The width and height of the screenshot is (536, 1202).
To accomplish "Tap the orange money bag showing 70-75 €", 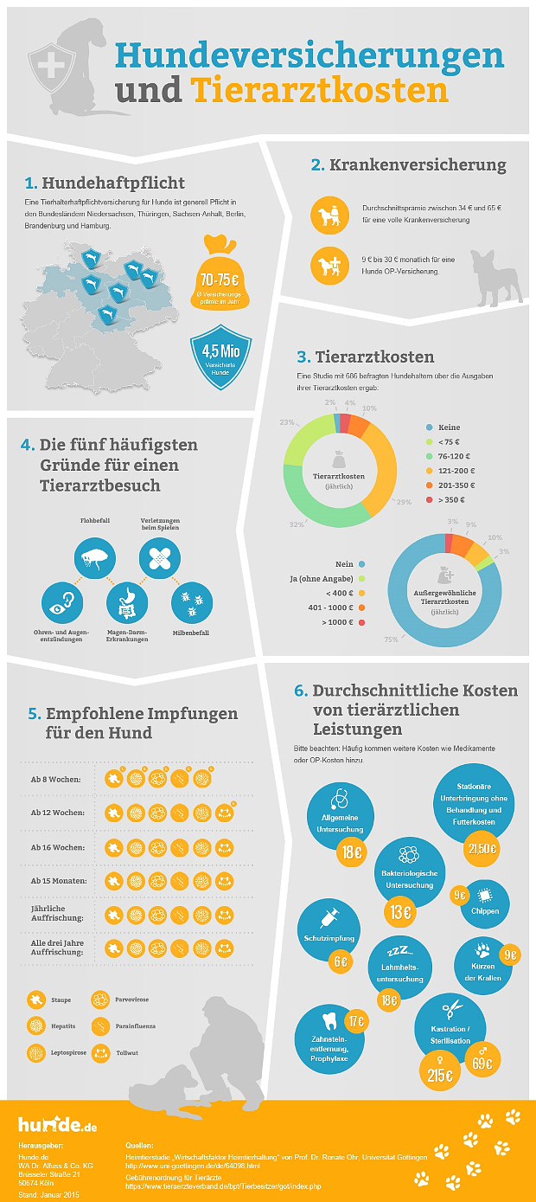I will pyautogui.click(x=219, y=282).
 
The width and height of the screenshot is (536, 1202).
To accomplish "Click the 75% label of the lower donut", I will pyautogui.click(x=391, y=640).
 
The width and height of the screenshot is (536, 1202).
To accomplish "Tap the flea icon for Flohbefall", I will pyautogui.click(x=93, y=556).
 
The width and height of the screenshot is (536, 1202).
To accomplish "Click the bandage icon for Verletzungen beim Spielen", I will pyautogui.click(x=159, y=556).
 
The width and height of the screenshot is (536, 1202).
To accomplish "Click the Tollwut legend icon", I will pyautogui.click(x=100, y=1052).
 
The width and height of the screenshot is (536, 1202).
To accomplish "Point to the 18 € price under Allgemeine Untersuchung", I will pyautogui.click(x=351, y=852).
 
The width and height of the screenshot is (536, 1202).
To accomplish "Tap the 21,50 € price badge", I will pyautogui.click(x=482, y=848).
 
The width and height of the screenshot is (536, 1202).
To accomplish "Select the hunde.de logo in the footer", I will pyautogui.click(x=57, y=1125).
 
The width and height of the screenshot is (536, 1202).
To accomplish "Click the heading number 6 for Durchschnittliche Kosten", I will pyautogui.click(x=301, y=691).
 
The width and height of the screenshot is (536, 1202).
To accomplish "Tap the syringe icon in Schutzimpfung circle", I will pyautogui.click(x=329, y=914).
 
